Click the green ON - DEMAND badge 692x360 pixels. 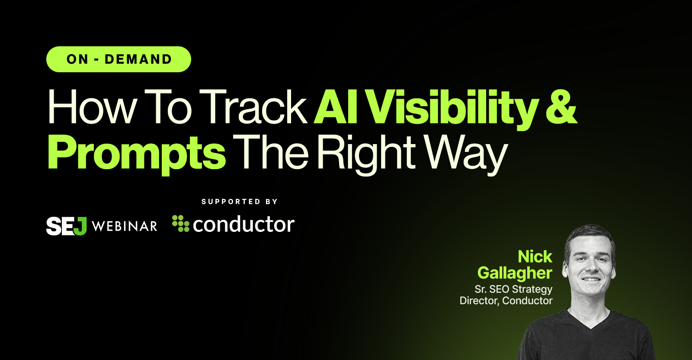[119, 59]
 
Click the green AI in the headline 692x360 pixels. [336, 107]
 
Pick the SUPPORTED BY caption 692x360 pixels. [240, 202]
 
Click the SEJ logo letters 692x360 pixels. [66, 226]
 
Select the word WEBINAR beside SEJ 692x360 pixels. [125, 226]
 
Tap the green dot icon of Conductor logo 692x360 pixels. [181, 223]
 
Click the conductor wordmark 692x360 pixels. [243, 225]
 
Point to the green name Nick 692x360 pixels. [535, 257]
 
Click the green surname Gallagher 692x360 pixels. [515, 273]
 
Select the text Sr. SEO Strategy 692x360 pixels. [513, 289]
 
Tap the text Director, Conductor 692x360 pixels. [506, 301]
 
